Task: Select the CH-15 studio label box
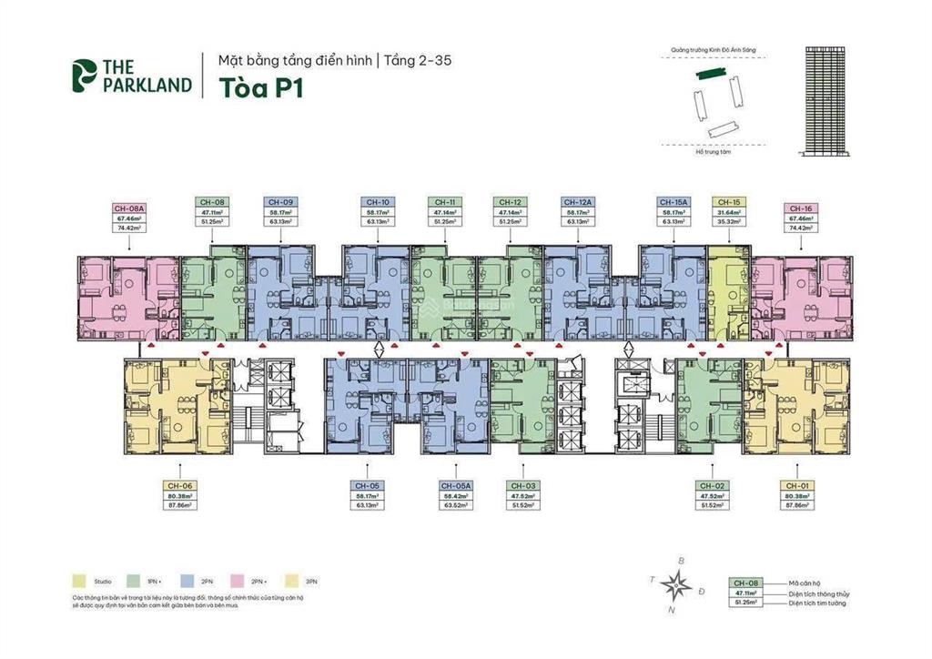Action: [727, 210]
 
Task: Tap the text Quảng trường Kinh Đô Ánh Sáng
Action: [713, 51]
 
